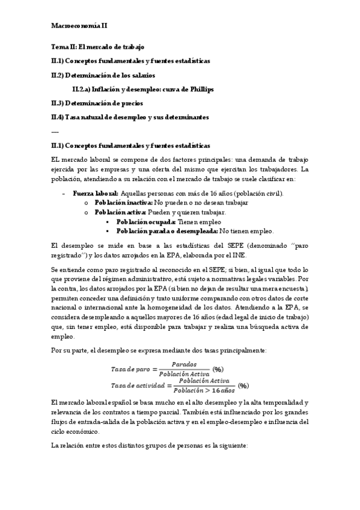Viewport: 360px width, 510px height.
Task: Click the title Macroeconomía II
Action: tap(80, 26)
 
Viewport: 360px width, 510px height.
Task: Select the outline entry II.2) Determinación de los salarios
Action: tap(103, 75)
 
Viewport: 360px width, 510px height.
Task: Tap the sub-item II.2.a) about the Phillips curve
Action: tap(142, 90)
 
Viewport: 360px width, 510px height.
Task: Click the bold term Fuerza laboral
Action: tap(96, 194)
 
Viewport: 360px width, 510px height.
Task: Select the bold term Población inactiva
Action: tap(124, 203)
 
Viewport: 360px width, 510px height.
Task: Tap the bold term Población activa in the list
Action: tap(120, 212)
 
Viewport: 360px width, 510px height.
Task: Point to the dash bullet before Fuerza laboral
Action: tap(64, 194)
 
